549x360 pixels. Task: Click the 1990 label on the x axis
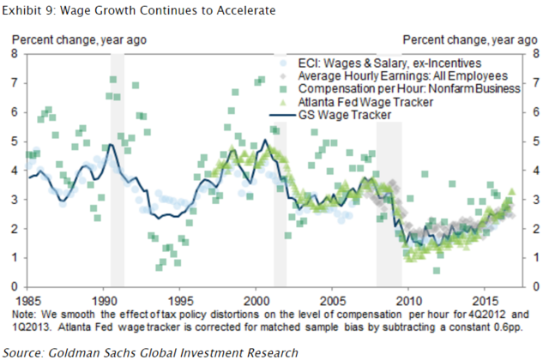tap(105, 302)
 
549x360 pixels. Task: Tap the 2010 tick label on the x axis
tap(408, 302)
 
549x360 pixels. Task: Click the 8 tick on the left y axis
tap(13, 53)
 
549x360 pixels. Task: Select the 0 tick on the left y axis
tap(13, 286)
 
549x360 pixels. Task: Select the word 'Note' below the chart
tap(27, 315)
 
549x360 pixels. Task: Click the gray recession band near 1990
tap(118, 171)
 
